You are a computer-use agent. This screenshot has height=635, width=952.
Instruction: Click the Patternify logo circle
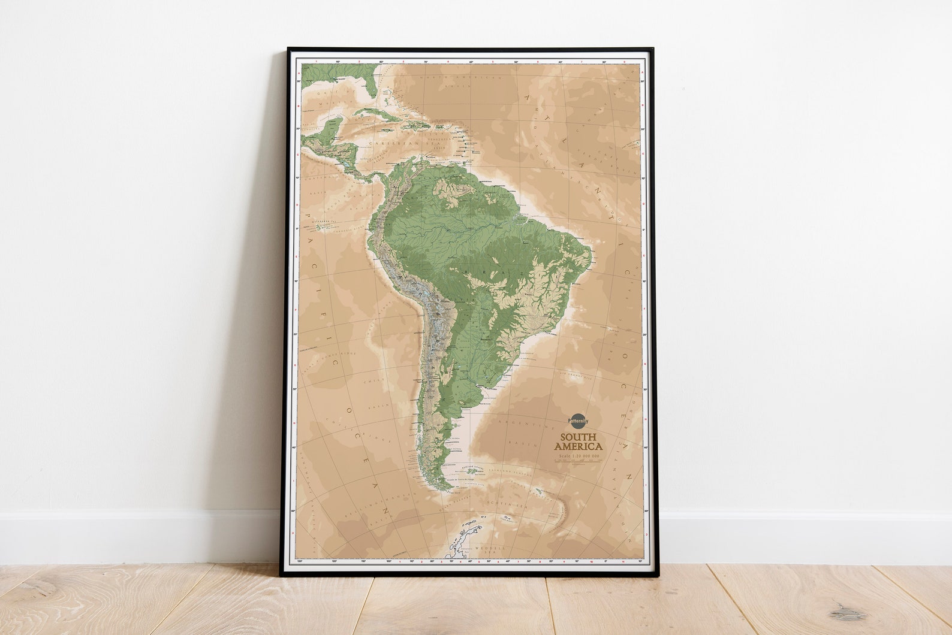click(x=579, y=421)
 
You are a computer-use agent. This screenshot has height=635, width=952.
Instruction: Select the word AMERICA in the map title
click(x=579, y=447)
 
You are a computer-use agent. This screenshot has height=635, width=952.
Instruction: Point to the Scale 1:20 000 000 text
click(x=579, y=456)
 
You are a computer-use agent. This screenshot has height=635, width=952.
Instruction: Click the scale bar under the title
click(x=579, y=462)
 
